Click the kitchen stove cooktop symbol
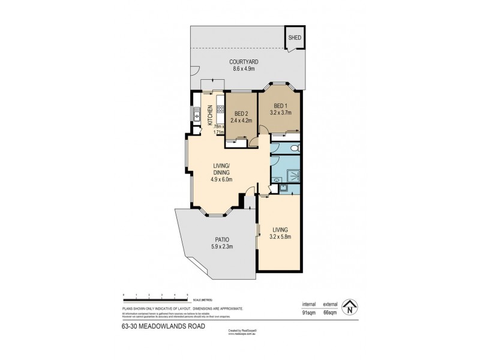click(x=220, y=110)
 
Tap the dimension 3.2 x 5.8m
click(x=280, y=236)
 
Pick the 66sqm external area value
click(x=331, y=312)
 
